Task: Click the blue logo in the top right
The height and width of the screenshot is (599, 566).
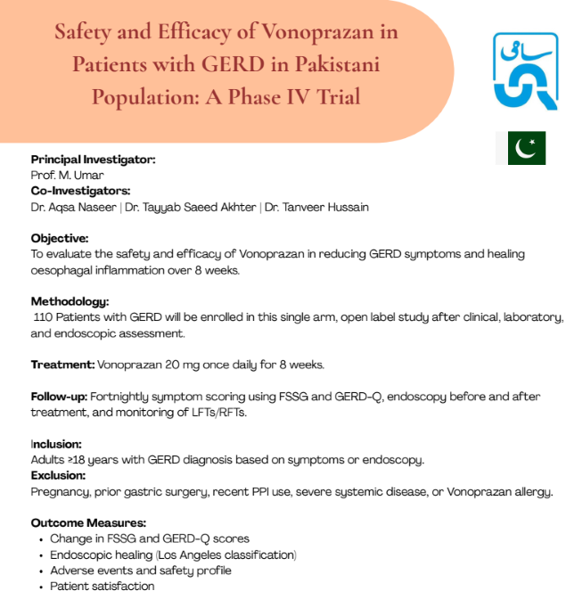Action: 526,70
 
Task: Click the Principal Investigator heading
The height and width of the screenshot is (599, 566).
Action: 93,159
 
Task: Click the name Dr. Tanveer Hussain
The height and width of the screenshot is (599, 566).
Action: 316,207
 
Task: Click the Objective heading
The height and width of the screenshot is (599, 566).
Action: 60,238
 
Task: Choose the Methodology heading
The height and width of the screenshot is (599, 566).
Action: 70,301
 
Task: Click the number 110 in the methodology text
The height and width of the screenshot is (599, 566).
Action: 44,317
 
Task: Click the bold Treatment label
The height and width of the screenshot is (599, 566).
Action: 62,365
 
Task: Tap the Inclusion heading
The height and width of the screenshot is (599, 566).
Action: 56,444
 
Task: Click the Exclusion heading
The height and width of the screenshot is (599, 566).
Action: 59,475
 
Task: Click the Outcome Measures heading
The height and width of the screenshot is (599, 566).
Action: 88,522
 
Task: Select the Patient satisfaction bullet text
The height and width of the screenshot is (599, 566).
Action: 102,587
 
